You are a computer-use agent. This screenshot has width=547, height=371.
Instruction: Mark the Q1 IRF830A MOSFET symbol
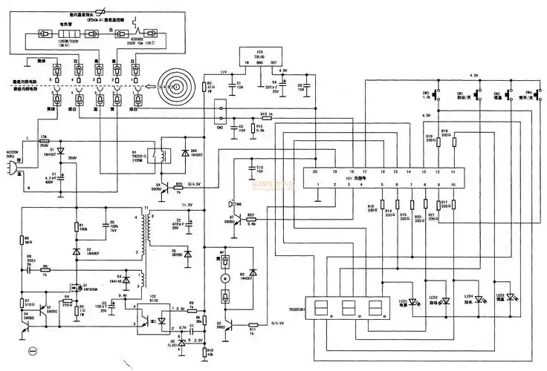click(76, 285)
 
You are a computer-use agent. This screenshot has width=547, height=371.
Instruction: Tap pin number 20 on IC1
click(316, 171)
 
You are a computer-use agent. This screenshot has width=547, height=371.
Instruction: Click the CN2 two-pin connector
click(219, 116)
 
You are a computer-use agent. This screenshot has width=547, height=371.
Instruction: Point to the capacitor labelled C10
click(253, 173)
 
